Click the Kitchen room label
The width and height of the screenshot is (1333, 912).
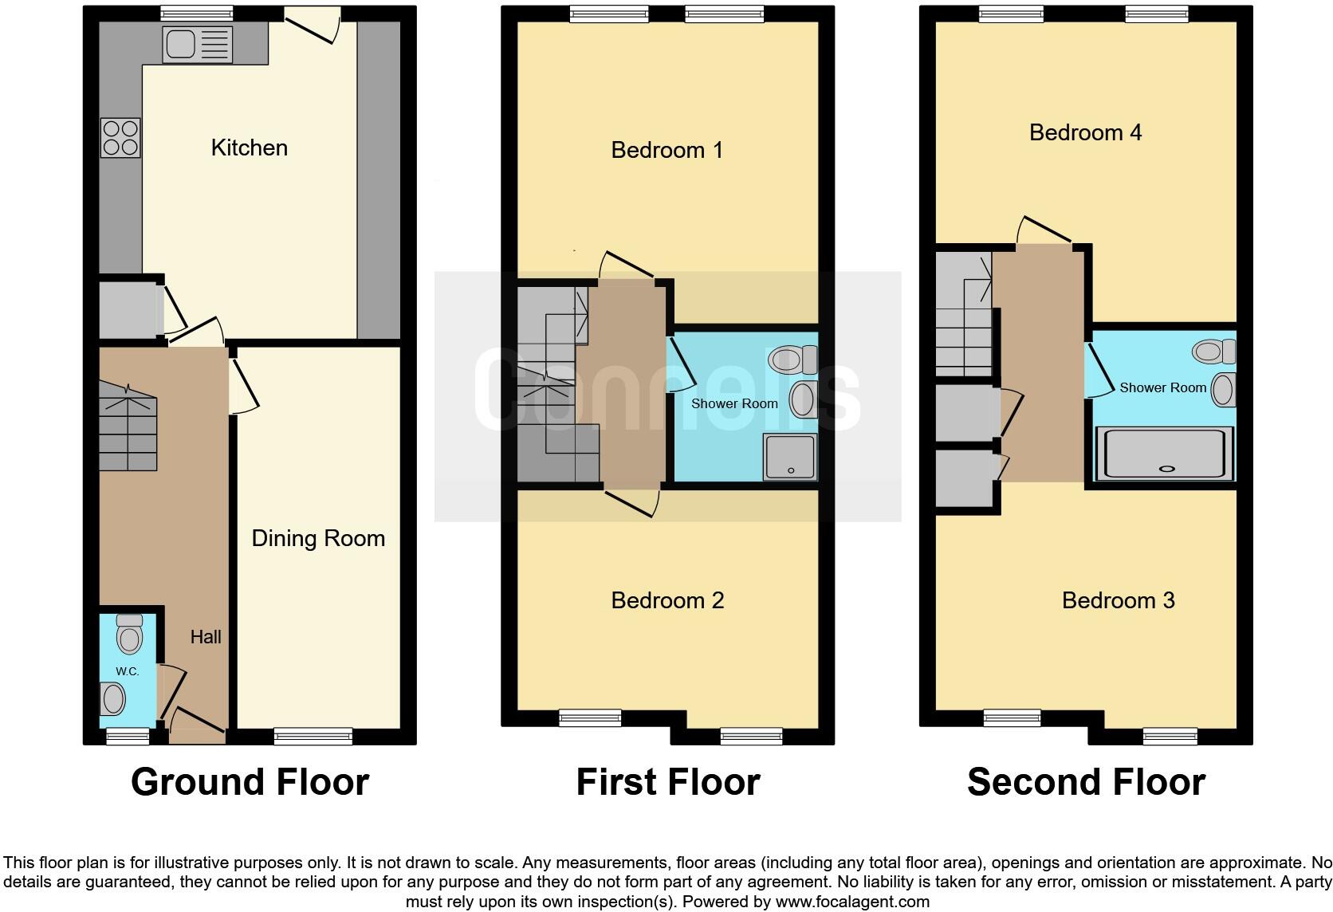(x=249, y=147)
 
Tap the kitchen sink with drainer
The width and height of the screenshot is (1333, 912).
(x=197, y=44)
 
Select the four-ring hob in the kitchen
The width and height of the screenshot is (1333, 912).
(x=120, y=137)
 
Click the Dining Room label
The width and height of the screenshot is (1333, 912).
(x=318, y=538)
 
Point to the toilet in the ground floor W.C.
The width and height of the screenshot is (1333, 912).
(x=129, y=635)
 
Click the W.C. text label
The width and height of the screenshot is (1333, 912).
(x=128, y=671)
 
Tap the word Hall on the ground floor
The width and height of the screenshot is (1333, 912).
(x=206, y=636)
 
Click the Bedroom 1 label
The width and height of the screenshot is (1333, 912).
(x=666, y=150)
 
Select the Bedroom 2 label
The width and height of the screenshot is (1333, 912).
(x=667, y=600)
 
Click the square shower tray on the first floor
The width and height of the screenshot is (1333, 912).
(x=789, y=457)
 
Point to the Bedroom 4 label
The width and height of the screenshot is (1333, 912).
(x=1085, y=132)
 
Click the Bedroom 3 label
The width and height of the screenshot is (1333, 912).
(x=1118, y=600)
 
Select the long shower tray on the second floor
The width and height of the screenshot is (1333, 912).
(x=1165, y=454)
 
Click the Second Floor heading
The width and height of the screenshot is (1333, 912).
(x=1085, y=782)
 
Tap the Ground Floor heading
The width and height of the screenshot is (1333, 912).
(x=250, y=782)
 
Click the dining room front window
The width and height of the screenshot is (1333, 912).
(x=313, y=735)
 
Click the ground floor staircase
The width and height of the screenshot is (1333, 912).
(x=128, y=427)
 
